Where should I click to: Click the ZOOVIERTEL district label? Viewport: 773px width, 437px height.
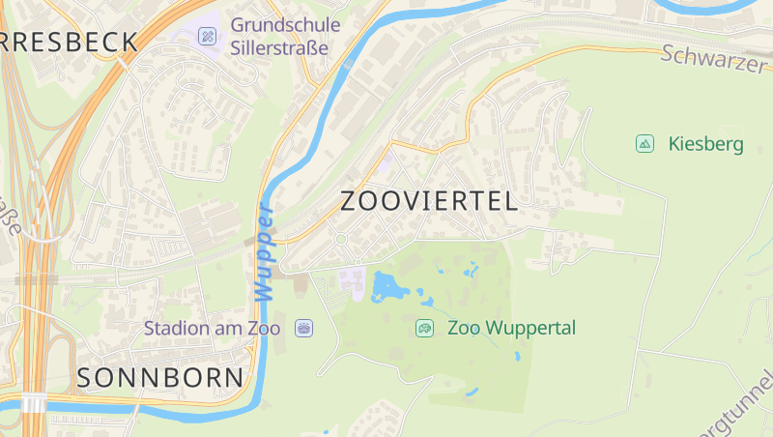(429, 201)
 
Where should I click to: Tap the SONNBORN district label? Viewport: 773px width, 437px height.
(160, 377)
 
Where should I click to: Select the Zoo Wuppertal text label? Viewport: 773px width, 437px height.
(511, 328)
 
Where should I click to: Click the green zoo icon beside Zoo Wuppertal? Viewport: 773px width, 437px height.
(424, 328)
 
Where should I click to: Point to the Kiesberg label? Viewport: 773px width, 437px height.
(705, 144)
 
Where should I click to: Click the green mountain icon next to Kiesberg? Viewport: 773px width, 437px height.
(644, 144)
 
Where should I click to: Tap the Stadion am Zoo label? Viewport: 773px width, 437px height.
(212, 328)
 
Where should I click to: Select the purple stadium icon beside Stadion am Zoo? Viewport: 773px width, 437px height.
(304, 328)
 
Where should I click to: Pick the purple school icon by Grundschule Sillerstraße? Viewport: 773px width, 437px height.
(207, 37)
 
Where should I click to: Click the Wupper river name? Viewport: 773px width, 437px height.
(265, 249)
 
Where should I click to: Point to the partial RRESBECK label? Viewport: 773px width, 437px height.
(69, 42)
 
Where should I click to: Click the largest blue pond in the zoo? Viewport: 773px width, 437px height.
(388, 286)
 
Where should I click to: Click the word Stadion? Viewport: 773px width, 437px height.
(175, 328)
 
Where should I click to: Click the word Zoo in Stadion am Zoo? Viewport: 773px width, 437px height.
(263, 328)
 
